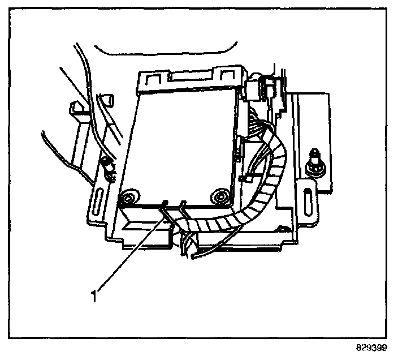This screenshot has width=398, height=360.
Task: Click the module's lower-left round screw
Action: click(x=128, y=197)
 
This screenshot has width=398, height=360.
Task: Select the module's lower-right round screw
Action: click(x=220, y=196)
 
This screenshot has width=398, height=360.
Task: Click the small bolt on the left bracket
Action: click(x=107, y=165)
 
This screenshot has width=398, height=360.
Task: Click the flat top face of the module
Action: click(x=181, y=142)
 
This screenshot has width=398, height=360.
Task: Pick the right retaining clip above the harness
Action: click(x=183, y=205)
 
